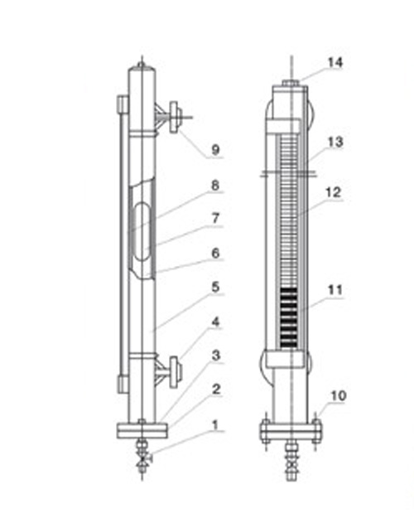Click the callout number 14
click(x=335, y=62)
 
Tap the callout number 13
click(x=335, y=142)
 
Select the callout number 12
click(x=333, y=192)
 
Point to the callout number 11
click(x=335, y=290)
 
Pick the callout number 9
click(x=215, y=150)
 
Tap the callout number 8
click(x=215, y=186)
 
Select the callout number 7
click(x=215, y=218)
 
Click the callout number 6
click(x=215, y=254)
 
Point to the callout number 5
click(x=215, y=287)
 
